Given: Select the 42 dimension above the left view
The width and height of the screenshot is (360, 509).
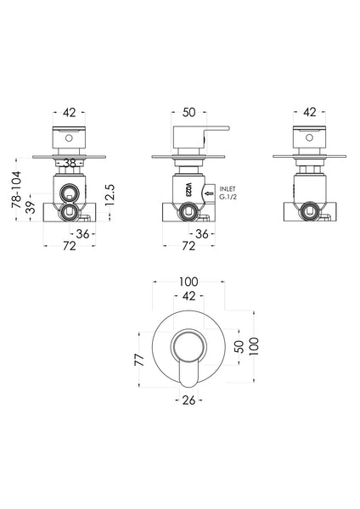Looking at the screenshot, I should point(69,111).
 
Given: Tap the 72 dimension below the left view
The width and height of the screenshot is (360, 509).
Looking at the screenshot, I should point(70,246).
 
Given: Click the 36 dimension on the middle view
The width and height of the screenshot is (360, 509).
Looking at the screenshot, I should point(204,233).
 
